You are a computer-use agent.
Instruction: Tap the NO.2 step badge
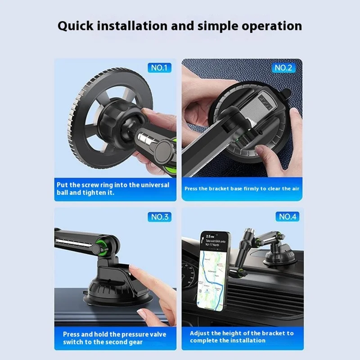283,68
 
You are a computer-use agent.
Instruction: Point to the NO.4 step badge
288,217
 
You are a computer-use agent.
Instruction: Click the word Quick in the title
79,25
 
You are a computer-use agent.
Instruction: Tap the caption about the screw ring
112,189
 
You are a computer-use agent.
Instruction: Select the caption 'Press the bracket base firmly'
242,189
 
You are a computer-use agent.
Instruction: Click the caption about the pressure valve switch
114,337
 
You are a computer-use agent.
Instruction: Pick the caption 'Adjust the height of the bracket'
242,337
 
